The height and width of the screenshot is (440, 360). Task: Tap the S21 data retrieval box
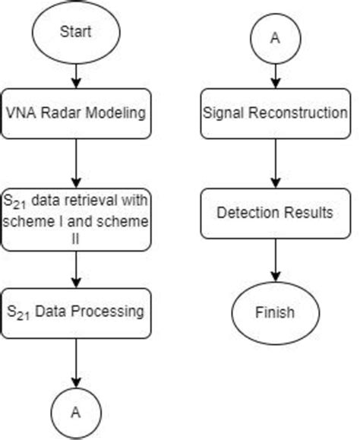pyautogui.click(x=75, y=220)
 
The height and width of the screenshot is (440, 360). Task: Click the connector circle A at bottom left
pyautogui.click(x=75, y=411)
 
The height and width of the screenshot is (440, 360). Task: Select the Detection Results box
pyautogui.click(x=274, y=213)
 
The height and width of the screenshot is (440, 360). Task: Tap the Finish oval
pyautogui.click(x=274, y=312)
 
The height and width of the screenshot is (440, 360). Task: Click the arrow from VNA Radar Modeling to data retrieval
pyautogui.click(x=75, y=163)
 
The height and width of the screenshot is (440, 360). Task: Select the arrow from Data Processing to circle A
pyautogui.click(x=75, y=361)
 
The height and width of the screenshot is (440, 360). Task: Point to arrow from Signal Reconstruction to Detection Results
pyautogui.click(x=274, y=163)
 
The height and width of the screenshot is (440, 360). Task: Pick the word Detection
pyautogui.click(x=251, y=213)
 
